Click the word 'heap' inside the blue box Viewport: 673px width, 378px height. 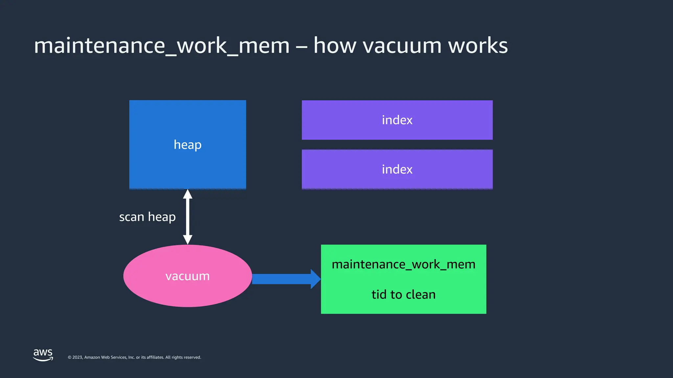pyautogui.click(x=187, y=145)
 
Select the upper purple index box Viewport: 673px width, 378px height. pyautogui.click(x=397, y=120)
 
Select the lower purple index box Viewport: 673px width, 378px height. pyautogui.click(x=397, y=169)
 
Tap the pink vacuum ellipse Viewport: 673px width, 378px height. pyautogui.click(x=187, y=276)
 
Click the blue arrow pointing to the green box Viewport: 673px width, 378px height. pyautogui.click(x=283, y=279)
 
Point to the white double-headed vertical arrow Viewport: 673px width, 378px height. pyautogui.click(x=188, y=217)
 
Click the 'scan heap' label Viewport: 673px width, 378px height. pyautogui.click(x=147, y=217)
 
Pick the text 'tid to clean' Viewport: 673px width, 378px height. pyautogui.click(x=404, y=294)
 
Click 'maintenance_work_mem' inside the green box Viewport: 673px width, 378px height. pyautogui.click(x=404, y=264)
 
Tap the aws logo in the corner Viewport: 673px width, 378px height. pyautogui.click(x=43, y=355)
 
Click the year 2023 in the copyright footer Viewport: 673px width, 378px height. pyautogui.click(x=78, y=357)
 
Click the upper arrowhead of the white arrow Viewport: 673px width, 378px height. pyautogui.click(x=188, y=194)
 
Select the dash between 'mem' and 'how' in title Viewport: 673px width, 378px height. pyautogui.click(x=301, y=47)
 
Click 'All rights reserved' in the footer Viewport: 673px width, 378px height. pyautogui.click(x=183, y=357)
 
